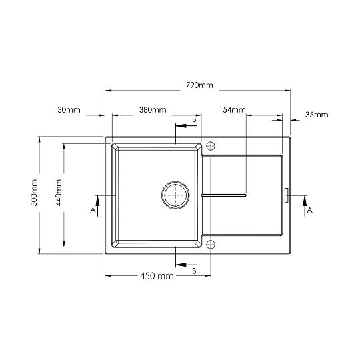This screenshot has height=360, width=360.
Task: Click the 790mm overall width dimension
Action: coord(199,85)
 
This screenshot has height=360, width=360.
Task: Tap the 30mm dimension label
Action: coord(69,109)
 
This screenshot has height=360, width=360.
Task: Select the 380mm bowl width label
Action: coord(153,109)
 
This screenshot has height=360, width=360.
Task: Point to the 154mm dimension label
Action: coord(232,109)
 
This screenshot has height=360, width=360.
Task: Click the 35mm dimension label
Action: coord(317,115)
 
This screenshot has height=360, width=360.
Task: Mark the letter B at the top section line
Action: coord(194,119)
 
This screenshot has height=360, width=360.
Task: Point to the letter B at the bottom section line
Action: coord(194,271)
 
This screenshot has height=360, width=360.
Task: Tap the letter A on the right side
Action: coord(310,210)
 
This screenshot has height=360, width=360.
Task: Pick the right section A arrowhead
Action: coord(305,199)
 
